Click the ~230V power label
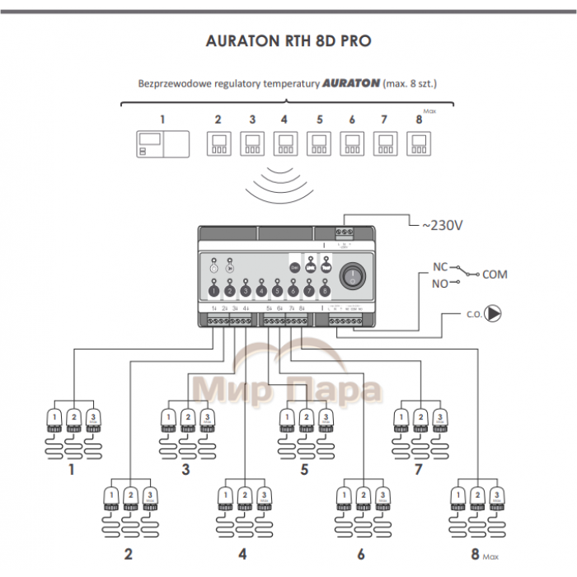pos(442,224)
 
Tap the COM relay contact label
pos(495,274)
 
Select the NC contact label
pos(440,267)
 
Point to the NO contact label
pos(440,284)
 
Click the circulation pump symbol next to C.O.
pos(493,313)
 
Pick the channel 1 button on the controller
pos(214,291)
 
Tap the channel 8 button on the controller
pos(325,291)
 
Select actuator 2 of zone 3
pos(188,420)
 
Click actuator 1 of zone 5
pos(286,420)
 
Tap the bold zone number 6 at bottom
pos(360,553)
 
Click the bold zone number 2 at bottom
pos(129,553)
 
